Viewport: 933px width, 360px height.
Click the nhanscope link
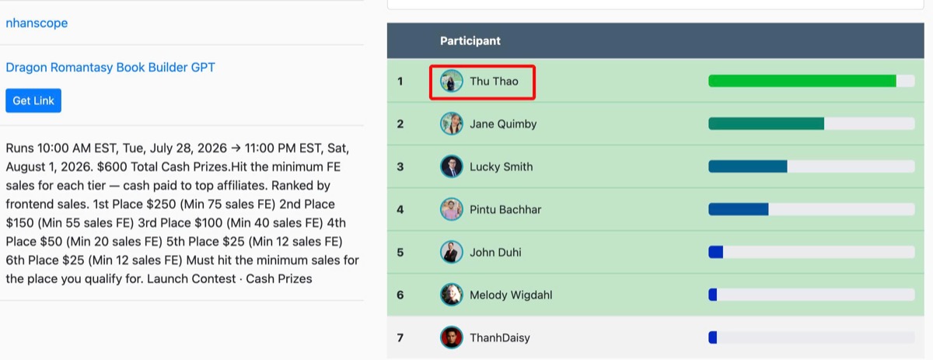pyautogui.click(x=37, y=23)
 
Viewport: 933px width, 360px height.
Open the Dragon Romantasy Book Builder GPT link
pyautogui.click(x=110, y=67)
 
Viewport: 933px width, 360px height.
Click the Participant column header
pyautogui.click(x=470, y=41)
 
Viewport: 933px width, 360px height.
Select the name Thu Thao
pyautogui.click(x=494, y=81)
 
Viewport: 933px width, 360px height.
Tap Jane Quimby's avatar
pyautogui.click(x=452, y=124)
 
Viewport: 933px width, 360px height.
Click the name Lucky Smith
pyautogui.click(x=501, y=166)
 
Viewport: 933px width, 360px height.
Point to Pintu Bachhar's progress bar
pyautogui.click(x=812, y=209)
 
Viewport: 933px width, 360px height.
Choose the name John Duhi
pyautogui.click(x=495, y=252)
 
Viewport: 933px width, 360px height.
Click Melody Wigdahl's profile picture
pyautogui.click(x=452, y=295)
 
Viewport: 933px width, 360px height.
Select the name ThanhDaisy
pyautogui.click(x=500, y=337)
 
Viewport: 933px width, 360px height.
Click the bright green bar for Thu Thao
pyautogui.click(x=802, y=81)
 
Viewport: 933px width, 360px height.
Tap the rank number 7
pyautogui.click(x=400, y=337)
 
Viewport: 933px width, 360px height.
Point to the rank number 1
pyautogui.click(x=400, y=81)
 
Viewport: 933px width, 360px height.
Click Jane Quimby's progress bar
pyautogui.click(x=812, y=124)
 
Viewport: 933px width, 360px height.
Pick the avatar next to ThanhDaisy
pyautogui.click(x=452, y=337)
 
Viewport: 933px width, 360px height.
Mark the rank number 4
pyautogui.click(x=400, y=209)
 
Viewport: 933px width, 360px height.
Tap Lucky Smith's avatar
pyautogui.click(x=452, y=166)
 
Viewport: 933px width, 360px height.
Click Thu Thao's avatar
pyautogui.click(x=452, y=81)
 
